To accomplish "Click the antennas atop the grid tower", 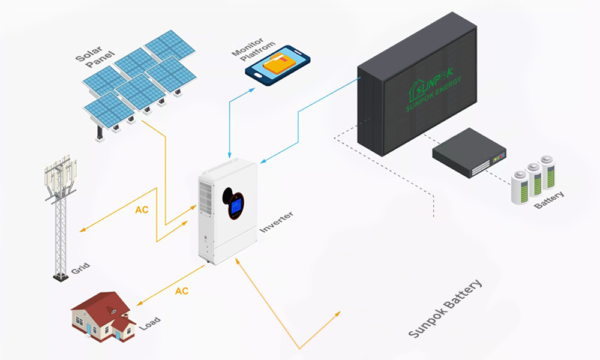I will click(61, 171).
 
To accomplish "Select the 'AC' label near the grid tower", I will click(142, 211).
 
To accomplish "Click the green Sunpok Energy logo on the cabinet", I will click(442, 93).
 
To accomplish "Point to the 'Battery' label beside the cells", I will click(549, 199).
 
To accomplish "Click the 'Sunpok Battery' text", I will click(445, 309).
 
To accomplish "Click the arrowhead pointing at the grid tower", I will click(83, 230).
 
